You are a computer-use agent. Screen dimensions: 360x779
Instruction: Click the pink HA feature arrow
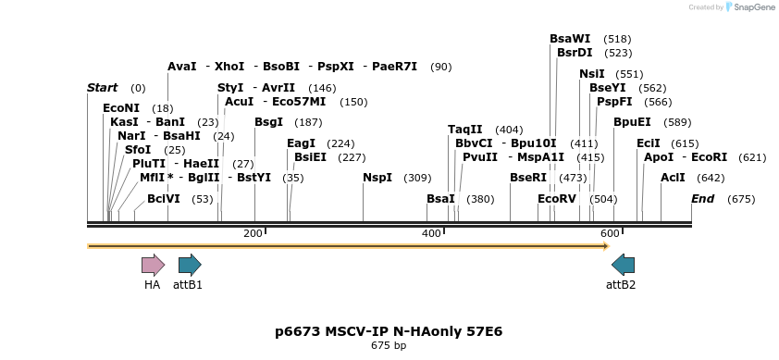point(153,265)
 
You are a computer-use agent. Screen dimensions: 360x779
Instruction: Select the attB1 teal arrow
point(190,265)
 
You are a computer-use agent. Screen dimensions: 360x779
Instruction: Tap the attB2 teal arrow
point(624,265)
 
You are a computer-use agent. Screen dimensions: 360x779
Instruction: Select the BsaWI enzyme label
point(570,39)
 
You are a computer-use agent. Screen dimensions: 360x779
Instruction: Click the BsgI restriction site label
point(268,122)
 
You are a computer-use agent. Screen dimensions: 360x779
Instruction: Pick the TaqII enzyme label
point(465,130)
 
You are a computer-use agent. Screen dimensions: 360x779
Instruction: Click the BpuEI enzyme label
point(632,122)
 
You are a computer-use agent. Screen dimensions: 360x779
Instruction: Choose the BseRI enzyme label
point(528,178)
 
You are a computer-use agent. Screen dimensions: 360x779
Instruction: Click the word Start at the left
point(102,88)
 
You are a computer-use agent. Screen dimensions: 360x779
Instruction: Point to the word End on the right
point(703,199)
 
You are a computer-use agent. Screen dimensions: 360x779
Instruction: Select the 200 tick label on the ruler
point(253,233)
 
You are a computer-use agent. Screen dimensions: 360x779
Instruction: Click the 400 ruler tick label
point(431,233)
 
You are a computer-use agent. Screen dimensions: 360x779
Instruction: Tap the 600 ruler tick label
point(610,233)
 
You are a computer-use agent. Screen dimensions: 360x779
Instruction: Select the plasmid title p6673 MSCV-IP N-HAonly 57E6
point(389,330)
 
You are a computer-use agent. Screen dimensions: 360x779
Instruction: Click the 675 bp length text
point(389,345)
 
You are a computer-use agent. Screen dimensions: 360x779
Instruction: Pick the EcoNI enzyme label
point(122,108)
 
